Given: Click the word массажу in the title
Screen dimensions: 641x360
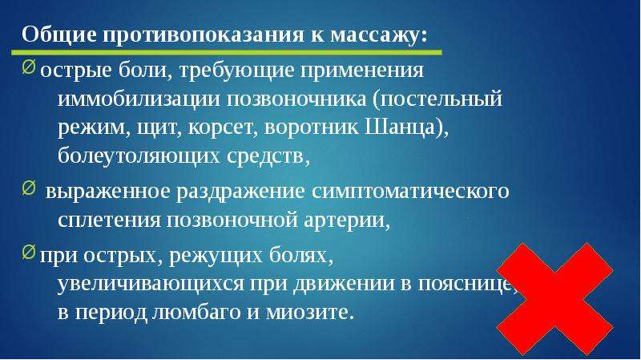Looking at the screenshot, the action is (x=378, y=35).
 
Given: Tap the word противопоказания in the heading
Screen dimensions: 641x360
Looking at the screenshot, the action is (x=204, y=35).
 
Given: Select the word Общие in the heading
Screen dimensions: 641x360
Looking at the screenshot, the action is (x=59, y=35).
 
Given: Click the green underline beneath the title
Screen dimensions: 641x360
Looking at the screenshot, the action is (x=227, y=52).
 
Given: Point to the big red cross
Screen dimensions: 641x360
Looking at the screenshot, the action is (x=554, y=299).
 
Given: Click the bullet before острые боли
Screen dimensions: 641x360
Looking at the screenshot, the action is (x=29, y=67).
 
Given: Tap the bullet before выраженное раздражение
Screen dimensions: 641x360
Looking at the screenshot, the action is (x=29, y=188).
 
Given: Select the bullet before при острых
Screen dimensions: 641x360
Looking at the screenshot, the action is (x=29, y=252).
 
